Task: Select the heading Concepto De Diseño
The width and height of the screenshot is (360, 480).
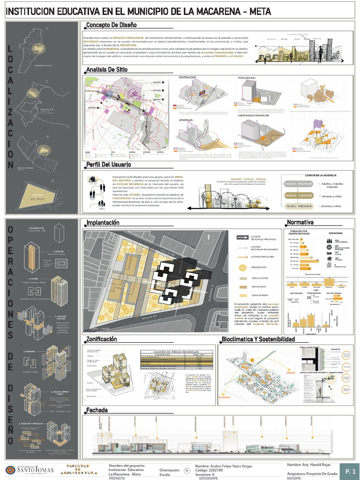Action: coord(111,25)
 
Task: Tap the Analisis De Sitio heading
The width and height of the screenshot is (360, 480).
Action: coord(106,70)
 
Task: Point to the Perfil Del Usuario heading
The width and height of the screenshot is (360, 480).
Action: coord(109,165)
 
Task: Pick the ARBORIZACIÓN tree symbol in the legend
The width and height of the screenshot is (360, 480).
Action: coord(242,268)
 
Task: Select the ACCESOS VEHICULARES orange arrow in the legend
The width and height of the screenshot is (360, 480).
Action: coord(242,257)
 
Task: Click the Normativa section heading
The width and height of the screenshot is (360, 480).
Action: coord(300,222)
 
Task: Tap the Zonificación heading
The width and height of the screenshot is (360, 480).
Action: coord(102,339)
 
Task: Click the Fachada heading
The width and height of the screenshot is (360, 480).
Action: coord(97,411)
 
